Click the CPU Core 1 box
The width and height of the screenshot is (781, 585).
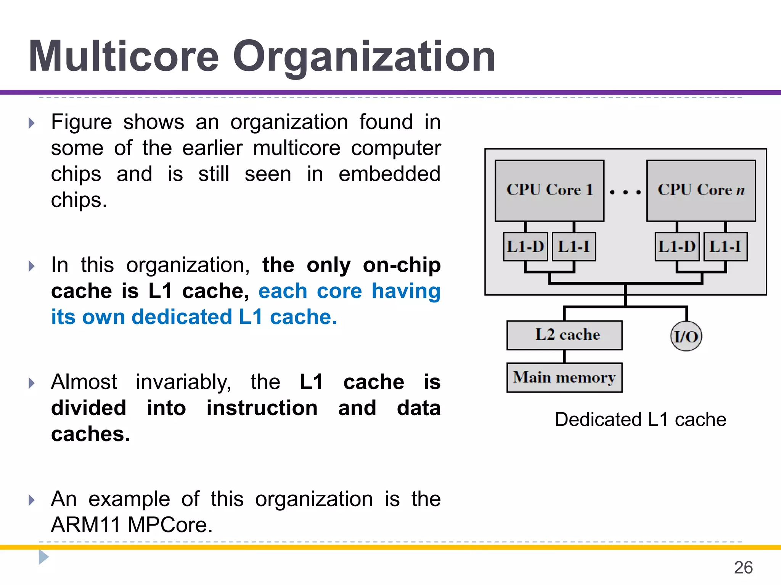(549, 190)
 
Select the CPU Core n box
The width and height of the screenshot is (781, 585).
(701, 190)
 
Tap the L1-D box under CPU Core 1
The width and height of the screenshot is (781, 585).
(525, 247)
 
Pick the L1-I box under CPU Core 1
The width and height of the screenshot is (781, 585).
(574, 247)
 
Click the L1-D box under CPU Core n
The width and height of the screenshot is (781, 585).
(677, 247)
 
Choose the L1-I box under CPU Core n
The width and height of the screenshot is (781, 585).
(725, 247)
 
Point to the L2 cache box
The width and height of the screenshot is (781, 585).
(564, 335)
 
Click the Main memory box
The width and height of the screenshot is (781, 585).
(564, 377)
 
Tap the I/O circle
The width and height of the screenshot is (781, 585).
(686, 336)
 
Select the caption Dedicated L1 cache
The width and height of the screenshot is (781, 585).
(640, 419)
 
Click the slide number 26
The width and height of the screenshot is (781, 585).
(743, 567)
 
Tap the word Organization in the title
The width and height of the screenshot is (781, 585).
(364, 57)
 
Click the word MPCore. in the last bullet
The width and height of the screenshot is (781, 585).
(170, 525)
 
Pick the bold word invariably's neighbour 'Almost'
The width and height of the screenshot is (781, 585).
(84, 382)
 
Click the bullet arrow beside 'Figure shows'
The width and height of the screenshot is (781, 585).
(32, 123)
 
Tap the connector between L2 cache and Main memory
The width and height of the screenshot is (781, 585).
(564, 356)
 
